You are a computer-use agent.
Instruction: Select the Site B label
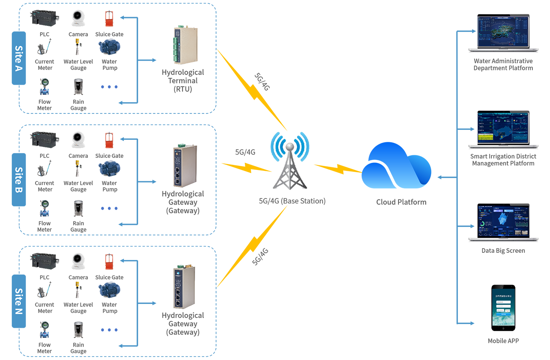tap(18, 180)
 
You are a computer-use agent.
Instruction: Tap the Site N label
tap(18, 301)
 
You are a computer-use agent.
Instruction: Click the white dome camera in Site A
tap(77, 15)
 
